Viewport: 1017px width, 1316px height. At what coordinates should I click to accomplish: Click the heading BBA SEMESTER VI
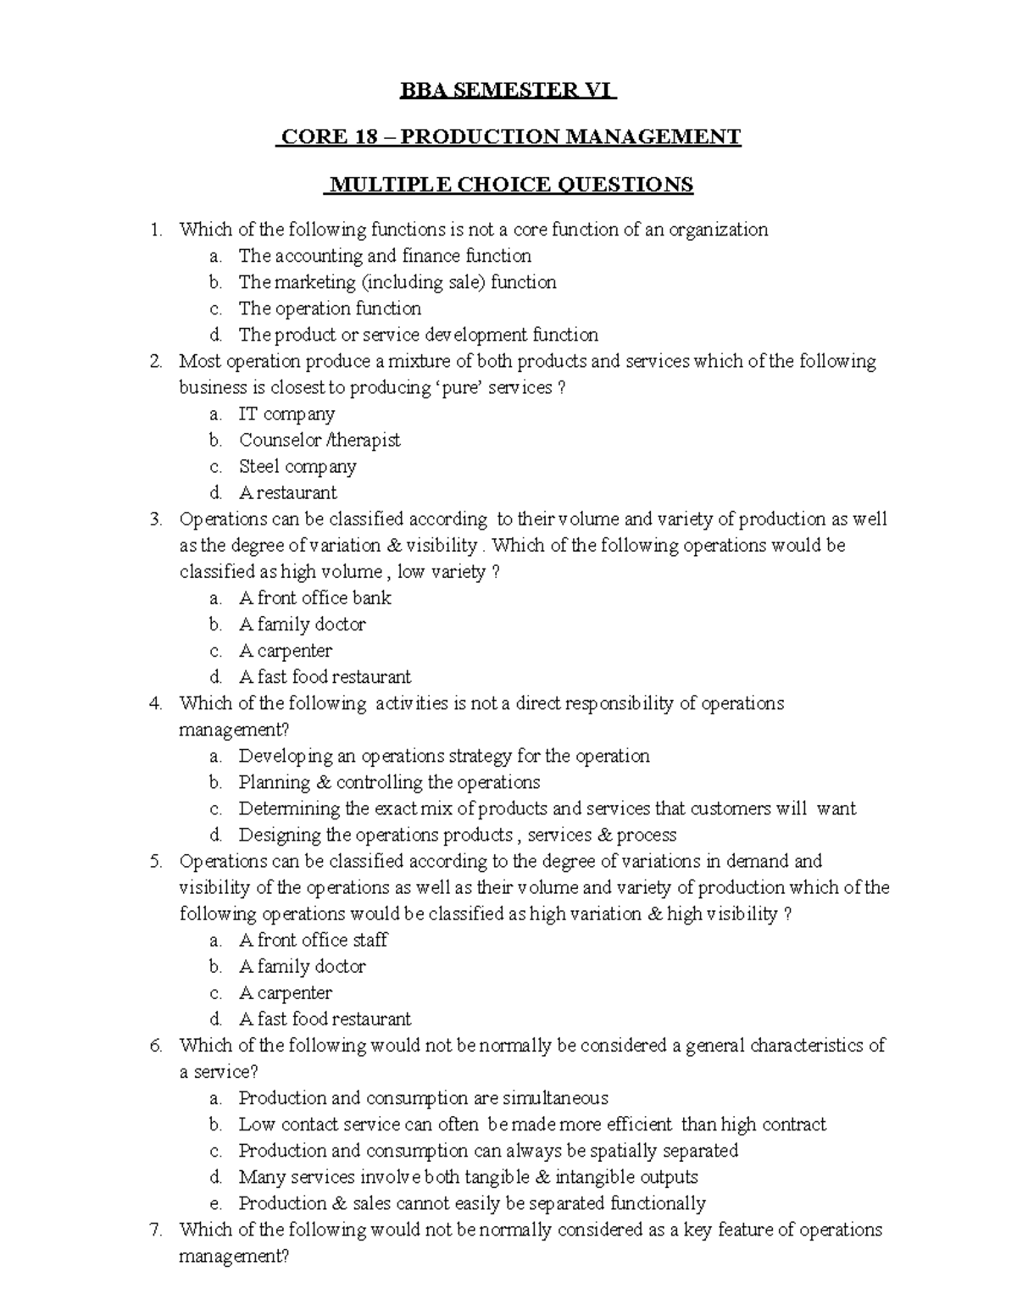508,90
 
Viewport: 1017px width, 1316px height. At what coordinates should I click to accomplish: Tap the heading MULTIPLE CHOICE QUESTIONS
509,185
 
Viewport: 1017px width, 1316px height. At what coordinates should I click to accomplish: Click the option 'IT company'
286,414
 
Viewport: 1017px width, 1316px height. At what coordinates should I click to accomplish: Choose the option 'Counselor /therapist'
320,441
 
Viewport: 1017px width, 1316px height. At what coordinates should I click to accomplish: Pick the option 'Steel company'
297,467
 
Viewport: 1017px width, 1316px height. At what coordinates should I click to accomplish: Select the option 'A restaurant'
287,493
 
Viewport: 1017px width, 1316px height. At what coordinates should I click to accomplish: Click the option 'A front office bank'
314,598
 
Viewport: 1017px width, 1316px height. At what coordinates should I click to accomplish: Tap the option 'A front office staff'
313,941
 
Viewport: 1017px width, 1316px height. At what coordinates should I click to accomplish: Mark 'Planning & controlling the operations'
389,782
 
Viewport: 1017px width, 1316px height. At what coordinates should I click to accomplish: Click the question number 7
154,1230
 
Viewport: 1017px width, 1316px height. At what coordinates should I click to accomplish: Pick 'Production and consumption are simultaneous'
423,1099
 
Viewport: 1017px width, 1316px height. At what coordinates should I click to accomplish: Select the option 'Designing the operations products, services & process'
457,836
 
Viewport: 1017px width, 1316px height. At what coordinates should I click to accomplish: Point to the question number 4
154,704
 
